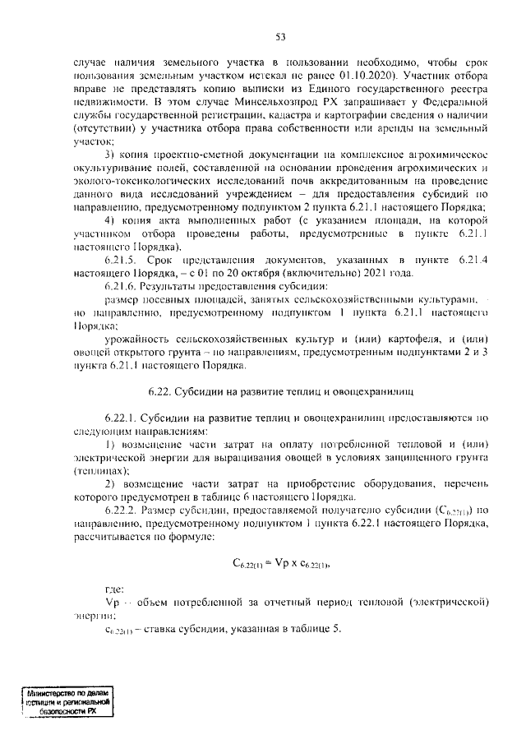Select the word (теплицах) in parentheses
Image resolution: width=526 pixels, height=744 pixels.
[102, 471]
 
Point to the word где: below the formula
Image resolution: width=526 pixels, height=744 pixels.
[115, 589]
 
